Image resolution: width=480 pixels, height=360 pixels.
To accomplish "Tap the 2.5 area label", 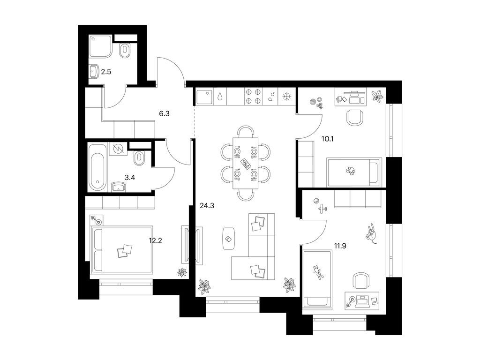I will pyautogui.click(x=106, y=72).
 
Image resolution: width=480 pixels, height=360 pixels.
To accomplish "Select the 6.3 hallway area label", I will pyautogui.click(x=164, y=113).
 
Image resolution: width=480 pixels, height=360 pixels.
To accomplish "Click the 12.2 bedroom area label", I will pyautogui.click(x=156, y=241).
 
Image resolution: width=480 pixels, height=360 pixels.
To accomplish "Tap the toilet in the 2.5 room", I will pyautogui.click(x=126, y=51).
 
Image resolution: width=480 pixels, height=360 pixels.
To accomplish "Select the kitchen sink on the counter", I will pyautogui.click(x=204, y=97).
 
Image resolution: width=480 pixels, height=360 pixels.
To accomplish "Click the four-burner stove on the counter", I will pyautogui.click(x=253, y=97).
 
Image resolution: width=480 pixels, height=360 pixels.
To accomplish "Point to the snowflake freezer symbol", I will pyautogui.click(x=286, y=97).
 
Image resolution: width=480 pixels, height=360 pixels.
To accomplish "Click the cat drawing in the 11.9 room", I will pyautogui.click(x=372, y=233).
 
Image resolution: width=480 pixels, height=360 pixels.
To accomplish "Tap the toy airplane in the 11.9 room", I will pyautogui.click(x=322, y=207).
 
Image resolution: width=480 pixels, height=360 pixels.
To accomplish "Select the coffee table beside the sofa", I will pyautogui.click(x=229, y=238).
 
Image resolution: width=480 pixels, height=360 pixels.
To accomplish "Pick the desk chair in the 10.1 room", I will pyautogui.click(x=355, y=117).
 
